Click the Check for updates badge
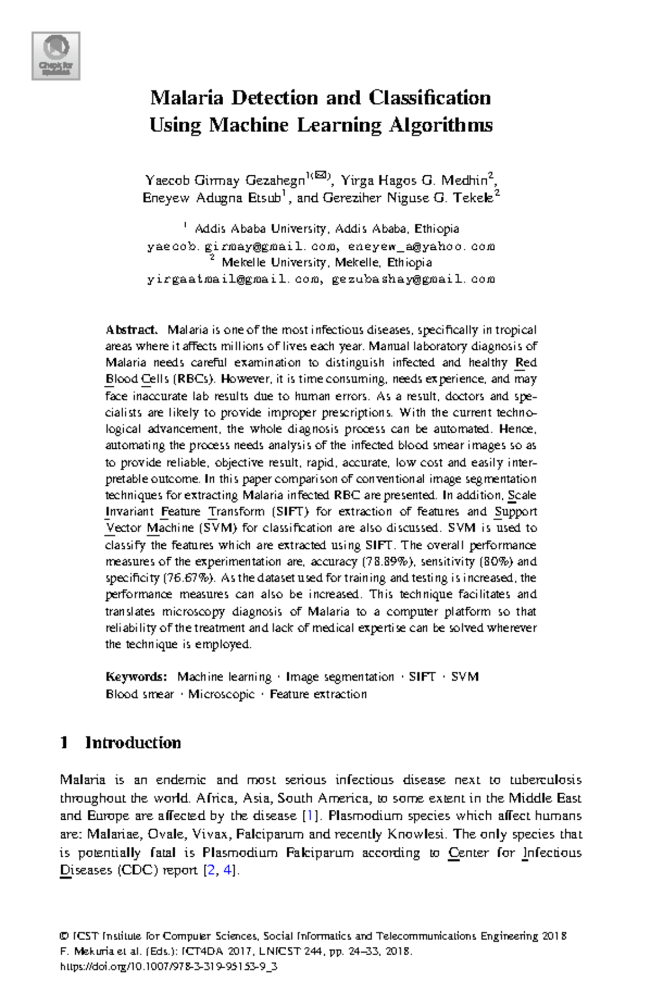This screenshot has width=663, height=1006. tap(56, 56)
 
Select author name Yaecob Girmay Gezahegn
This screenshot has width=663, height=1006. tap(225, 181)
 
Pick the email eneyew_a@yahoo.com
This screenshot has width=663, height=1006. tap(421, 247)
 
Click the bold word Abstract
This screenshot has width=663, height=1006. tap(131, 330)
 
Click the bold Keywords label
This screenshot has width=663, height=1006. tap(136, 677)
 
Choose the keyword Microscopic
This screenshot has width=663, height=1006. tap(221, 694)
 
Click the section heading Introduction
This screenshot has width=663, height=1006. tap(133, 743)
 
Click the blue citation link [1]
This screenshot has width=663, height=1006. tap(310, 816)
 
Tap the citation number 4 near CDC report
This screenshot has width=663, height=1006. tap(227, 870)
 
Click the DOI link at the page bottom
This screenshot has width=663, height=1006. tap(168, 967)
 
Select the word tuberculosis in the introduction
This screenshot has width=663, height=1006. tap(545, 780)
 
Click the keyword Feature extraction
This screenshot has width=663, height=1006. tap(318, 694)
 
